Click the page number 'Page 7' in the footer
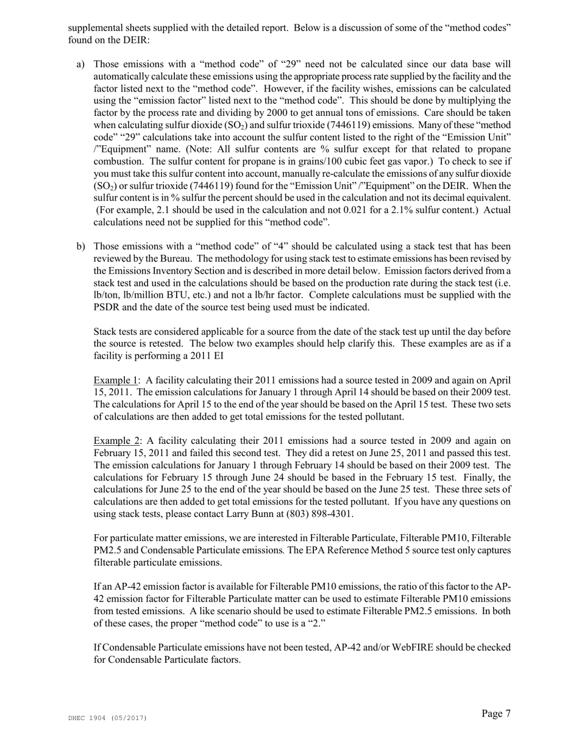[496, 713]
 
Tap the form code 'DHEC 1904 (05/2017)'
[107, 718]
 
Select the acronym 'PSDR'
[108, 307]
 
